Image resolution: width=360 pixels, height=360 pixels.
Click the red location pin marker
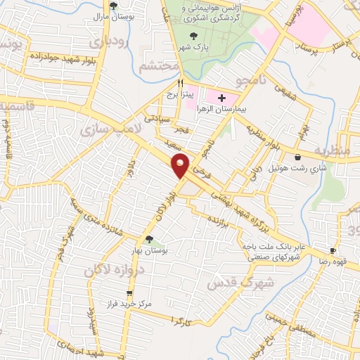(181, 166)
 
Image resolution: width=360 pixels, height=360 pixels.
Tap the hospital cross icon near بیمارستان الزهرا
(222, 98)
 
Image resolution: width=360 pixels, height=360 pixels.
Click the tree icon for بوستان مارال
(104, 6)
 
